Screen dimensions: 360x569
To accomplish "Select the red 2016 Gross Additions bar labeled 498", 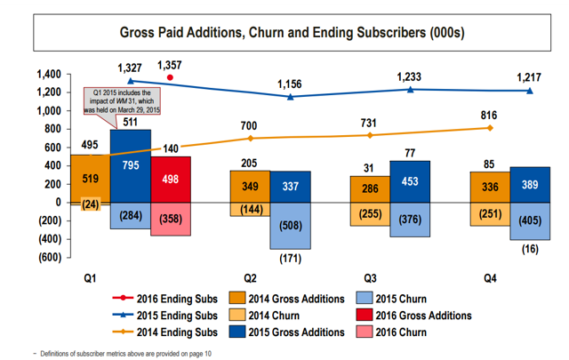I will (171, 180).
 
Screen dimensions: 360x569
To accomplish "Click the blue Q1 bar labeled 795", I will (131, 166).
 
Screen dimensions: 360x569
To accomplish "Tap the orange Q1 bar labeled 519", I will (91, 179).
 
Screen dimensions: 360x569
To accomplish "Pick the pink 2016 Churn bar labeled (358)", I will (171, 219).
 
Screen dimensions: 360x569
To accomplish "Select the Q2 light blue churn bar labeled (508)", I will (291, 225).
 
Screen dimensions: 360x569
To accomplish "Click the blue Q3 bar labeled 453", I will (410, 181).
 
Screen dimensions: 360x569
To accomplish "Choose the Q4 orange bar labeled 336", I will (491, 187).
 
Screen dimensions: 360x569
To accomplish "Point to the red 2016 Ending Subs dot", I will (170, 78).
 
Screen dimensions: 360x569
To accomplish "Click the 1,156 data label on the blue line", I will (290, 84).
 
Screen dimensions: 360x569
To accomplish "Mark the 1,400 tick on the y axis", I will (49, 74).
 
